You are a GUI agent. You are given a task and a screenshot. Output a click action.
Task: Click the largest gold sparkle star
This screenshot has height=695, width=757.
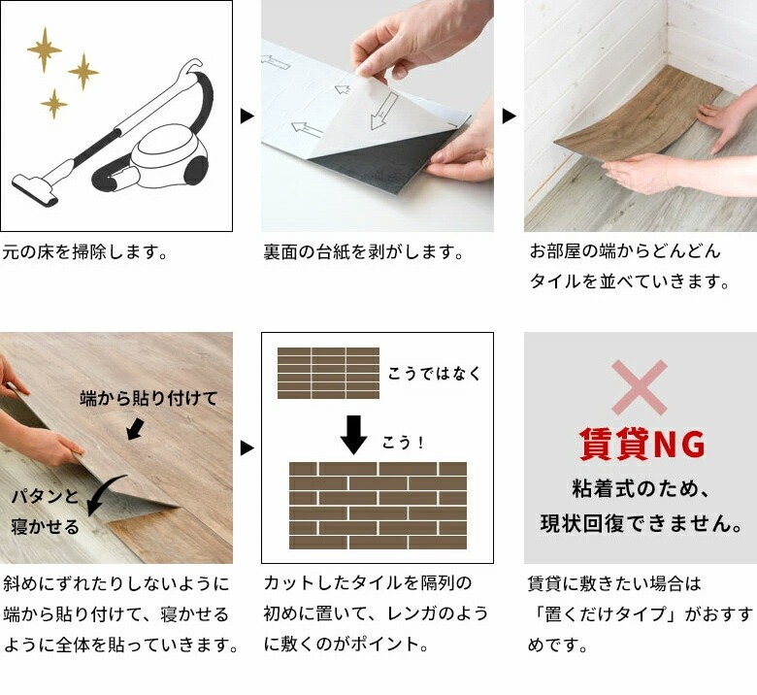point(45,50)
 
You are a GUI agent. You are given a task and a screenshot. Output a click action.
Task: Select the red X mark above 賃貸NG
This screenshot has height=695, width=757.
point(640,387)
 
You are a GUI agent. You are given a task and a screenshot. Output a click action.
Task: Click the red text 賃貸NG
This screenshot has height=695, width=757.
point(642,444)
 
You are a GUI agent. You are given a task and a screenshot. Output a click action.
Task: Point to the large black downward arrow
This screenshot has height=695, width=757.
point(353,435)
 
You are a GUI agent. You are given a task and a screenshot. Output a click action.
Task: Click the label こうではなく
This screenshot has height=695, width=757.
point(435,374)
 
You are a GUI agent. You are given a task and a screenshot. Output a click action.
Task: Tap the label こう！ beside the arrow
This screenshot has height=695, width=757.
point(403,443)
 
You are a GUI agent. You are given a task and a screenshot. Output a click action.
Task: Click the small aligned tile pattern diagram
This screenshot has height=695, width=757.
point(328,373)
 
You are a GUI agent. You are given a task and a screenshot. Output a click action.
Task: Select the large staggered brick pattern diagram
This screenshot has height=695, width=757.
point(378,505)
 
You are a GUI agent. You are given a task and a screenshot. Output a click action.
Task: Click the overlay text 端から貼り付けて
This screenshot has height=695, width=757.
point(148,398)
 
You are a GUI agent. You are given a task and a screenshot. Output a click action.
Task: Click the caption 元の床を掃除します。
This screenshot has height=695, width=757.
point(85,251)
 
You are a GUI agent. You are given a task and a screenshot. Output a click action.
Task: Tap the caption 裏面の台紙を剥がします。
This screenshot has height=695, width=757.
point(363,251)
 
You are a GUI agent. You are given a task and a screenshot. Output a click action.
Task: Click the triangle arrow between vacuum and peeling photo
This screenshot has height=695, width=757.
point(247,116)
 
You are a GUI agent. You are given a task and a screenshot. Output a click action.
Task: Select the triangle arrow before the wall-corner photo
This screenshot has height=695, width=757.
point(510,116)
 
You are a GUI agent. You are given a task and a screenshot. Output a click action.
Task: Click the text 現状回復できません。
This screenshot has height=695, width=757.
point(642,523)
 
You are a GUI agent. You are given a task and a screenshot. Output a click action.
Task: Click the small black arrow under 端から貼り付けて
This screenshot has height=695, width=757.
point(136,429)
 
